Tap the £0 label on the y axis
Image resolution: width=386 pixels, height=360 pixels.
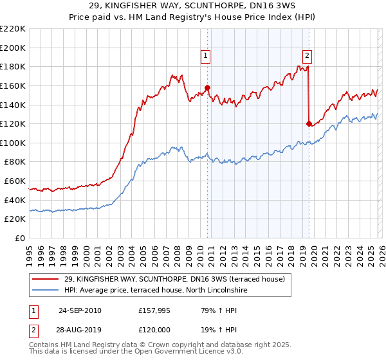coord(19,239)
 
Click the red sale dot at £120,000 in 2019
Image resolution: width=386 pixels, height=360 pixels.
coord(309,123)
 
